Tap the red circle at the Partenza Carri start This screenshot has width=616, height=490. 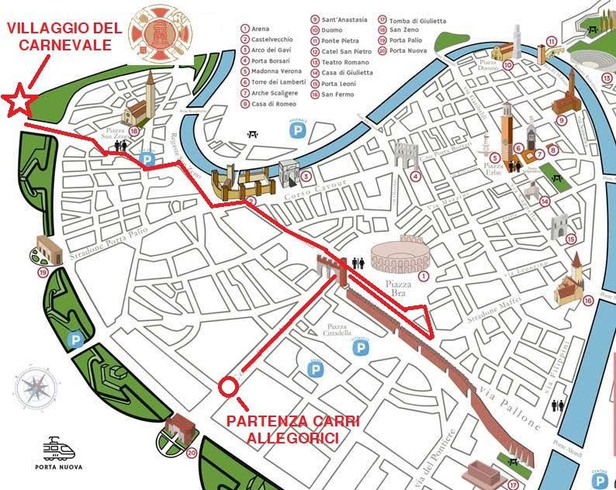228,386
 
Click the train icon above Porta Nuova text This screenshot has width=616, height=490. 57,448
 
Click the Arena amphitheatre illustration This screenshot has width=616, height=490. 396,254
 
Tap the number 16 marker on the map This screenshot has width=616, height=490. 588,300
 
